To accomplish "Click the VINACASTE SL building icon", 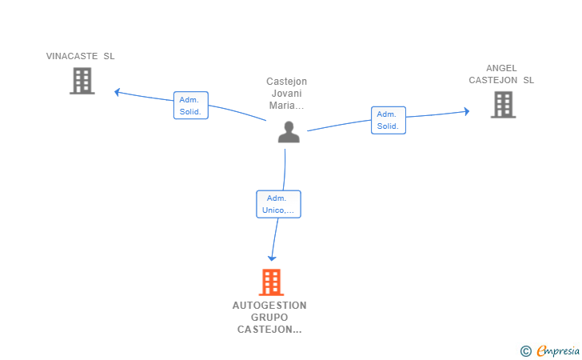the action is [82, 81].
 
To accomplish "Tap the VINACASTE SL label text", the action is [80, 56].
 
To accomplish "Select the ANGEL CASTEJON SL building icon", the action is [503, 105].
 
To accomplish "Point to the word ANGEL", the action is [501, 68].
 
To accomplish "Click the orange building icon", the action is [271, 282].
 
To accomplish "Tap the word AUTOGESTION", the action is [269, 306].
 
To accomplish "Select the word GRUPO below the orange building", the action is [269, 318].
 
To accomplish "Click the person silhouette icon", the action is [289, 132].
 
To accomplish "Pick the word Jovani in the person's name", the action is [286, 94].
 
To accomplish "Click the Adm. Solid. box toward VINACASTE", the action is [191, 105].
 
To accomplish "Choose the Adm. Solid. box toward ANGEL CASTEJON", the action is [389, 120].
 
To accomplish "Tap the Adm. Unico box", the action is [278, 204].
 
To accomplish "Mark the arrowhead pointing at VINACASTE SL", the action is [117, 92].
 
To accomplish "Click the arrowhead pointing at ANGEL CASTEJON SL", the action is [467, 111].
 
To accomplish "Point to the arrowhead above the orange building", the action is [272, 258].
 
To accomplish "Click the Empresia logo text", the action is [558, 350].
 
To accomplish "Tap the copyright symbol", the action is [525, 351].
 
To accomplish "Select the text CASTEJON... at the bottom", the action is [269, 330].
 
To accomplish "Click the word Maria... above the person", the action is [286, 106].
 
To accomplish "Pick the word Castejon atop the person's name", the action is [286, 82].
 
